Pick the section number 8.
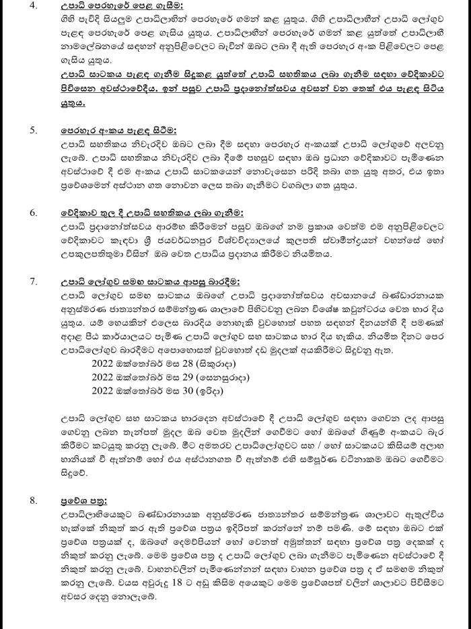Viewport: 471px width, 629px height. pos(32,500)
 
